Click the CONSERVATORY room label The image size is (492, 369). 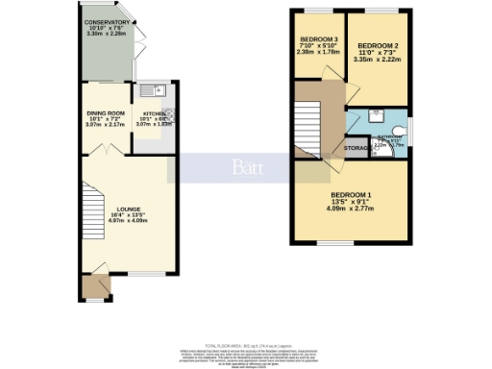coord(106,21)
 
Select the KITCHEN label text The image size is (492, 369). coord(154,87)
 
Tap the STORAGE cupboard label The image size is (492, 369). coord(358,149)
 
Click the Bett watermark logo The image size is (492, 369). coord(245,167)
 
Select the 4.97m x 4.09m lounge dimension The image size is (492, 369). coord(128,220)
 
